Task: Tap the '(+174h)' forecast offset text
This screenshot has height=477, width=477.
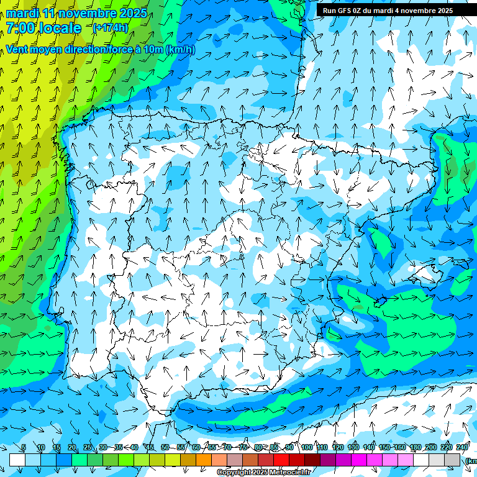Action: pyautogui.click(x=111, y=27)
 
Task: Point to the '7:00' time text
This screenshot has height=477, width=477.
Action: pyautogui.click(x=19, y=28)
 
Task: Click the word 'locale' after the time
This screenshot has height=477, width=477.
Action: pyautogui.click(x=60, y=28)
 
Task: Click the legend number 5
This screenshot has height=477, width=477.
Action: pyautogui.click(x=23, y=447)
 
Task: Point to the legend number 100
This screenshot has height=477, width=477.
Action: pyautogui.click(x=307, y=447)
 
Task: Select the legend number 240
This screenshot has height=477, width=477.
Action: pyautogui.click(x=462, y=447)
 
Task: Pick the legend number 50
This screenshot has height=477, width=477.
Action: pyautogui.click(x=165, y=447)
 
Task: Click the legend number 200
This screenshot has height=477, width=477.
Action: pyautogui.click(x=431, y=447)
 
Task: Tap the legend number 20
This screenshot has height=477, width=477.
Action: pyautogui.click(x=71, y=447)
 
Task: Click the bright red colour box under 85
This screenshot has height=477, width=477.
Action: pyautogui.click(x=281, y=460)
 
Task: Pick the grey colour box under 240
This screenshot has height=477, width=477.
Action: pyautogui.click(x=452, y=460)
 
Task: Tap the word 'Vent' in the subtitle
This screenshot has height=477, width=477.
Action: pyautogui.click(x=18, y=49)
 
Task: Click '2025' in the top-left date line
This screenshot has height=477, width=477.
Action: pyautogui.click(x=132, y=13)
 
